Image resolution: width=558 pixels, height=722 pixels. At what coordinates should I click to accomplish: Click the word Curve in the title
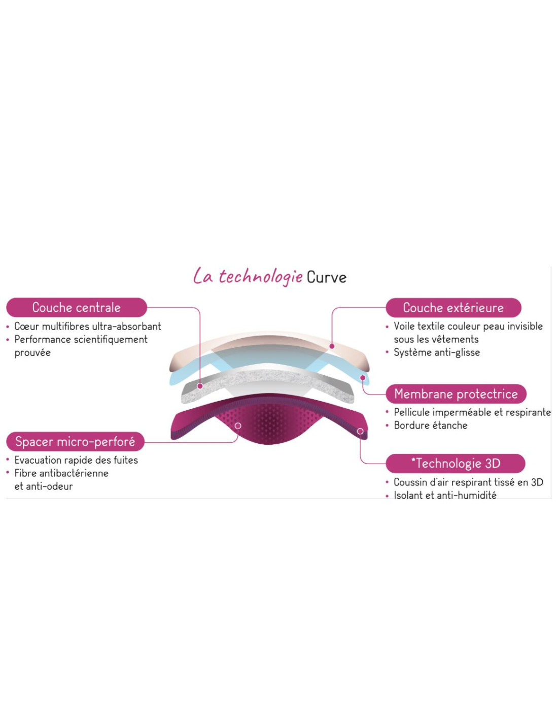[x=326, y=277]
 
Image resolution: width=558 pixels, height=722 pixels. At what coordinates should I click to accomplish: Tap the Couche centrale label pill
[x=77, y=307]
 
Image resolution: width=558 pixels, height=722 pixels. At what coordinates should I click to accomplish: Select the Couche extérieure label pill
[x=453, y=308]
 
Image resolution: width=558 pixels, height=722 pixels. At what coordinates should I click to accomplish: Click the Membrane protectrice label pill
[x=456, y=393]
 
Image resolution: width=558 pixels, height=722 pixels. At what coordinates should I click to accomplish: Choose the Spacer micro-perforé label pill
[x=76, y=442]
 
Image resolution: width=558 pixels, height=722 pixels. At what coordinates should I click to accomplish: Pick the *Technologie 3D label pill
[x=455, y=463]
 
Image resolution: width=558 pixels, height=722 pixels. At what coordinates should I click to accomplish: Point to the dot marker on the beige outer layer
[x=332, y=346]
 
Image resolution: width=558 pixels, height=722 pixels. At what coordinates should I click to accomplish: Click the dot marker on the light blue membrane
[x=363, y=378]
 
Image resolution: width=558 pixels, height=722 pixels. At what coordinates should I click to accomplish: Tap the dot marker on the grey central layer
[x=200, y=386]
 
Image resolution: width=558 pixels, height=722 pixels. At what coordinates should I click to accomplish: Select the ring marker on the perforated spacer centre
[x=238, y=426]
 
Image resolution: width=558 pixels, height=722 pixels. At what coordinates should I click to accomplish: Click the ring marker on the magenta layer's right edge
[x=360, y=431]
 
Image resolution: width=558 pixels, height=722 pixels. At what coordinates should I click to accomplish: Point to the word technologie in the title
[x=261, y=277]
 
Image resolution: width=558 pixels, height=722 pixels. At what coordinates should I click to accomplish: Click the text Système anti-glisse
[x=437, y=352]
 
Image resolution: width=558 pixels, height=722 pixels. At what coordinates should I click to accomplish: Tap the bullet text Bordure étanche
[x=431, y=425]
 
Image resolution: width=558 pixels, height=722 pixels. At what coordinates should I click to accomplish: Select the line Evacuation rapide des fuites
[x=76, y=460]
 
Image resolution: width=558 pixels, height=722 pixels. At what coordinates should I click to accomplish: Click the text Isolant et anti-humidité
[x=445, y=496]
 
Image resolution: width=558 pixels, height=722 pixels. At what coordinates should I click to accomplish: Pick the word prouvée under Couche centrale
[x=32, y=353]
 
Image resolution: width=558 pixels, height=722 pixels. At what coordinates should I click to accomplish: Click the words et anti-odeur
[x=44, y=486]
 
